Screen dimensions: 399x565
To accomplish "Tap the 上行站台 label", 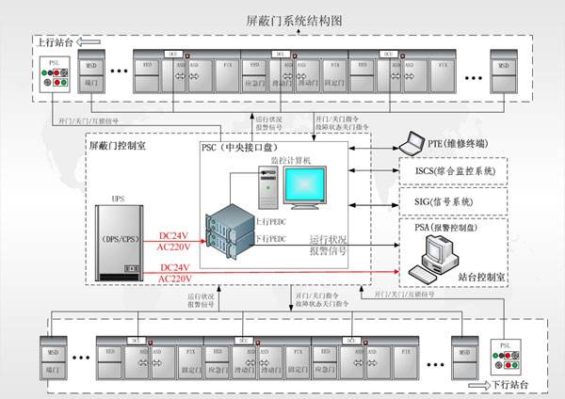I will (x=55, y=42).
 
